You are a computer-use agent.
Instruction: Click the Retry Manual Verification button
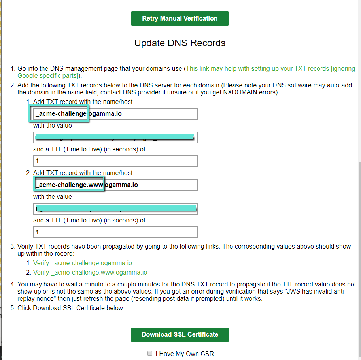(x=180, y=19)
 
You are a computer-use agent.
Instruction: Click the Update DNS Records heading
(x=180, y=43)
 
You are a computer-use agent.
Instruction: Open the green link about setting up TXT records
(x=257, y=69)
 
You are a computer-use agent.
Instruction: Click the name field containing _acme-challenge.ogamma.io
(x=115, y=114)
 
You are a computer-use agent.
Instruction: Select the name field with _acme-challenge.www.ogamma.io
(x=115, y=185)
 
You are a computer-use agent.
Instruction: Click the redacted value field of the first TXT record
(x=115, y=138)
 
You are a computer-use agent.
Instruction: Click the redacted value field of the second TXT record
(x=115, y=209)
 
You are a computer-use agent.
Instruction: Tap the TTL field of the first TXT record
(x=115, y=161)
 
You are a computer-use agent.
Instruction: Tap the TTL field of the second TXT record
(x=115, y=232)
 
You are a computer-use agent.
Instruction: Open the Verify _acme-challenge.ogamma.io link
(x=82, y=263)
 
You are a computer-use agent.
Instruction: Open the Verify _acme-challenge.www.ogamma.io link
(x=90, y=273)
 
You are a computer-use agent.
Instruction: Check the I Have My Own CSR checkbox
(x=150, y=353)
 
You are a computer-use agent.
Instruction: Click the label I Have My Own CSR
(x=185, y=354)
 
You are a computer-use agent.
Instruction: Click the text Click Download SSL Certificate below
(x=71, y=308)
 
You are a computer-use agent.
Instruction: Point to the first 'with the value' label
(x=53, y=126)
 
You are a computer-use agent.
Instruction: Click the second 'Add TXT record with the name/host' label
(x=83, y=173)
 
